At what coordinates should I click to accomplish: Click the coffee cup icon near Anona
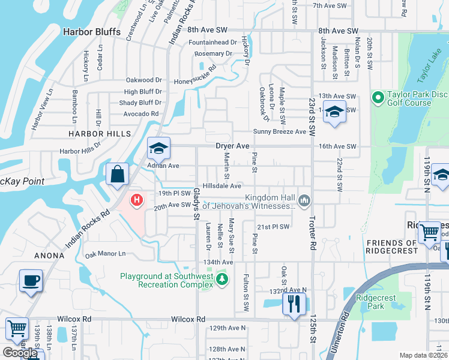click(x=31, y=281)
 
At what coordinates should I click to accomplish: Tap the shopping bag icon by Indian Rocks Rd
click(x=118, y=174)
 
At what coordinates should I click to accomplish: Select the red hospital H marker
click(x=137, y=200)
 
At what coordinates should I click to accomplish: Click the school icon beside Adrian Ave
click(x=159, y=148)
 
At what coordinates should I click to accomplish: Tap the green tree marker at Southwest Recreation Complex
click(x=222, y=278)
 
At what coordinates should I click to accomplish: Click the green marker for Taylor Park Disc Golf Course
click(x=378, y=97)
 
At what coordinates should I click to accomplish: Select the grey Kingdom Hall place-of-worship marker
click(x=304, y=199)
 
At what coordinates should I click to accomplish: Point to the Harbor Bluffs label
click(x=92, y=32)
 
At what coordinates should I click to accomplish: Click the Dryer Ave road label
click(x=232, y=146)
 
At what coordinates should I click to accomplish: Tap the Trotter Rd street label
click(x=313, y=235)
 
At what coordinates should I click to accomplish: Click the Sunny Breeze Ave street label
click(x=279, y=131)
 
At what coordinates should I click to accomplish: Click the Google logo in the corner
click(x=20, y=353)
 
